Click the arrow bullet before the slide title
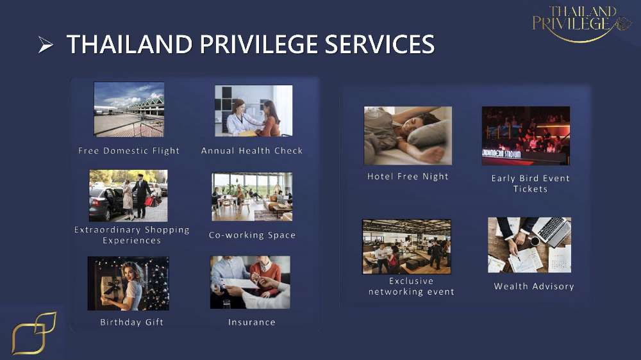click(x=46, y=45)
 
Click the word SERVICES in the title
click(x=379, y=44)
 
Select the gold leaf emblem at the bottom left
click(x=34, y=333)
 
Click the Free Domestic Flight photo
click(x=129, y=110)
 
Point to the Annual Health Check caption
click(x=252, y=151)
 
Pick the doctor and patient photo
click(x=253, y=111)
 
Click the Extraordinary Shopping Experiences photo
click(x=128, y=195)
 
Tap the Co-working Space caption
click(x=252, y=235)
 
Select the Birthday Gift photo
click(x=128, y=283)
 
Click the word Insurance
click(x=252, y=322)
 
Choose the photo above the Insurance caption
click(x=250, y=282)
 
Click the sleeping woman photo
click(x=408, y=136)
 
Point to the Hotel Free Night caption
click(x=408, y=177)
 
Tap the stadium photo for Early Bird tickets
click(x=526, y=136)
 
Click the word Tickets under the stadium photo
click(x=530, y=189)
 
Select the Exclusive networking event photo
click(x=407, y=247)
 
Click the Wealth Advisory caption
click(x=534, y=286)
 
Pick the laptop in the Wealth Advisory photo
click(x=552, y=230)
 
